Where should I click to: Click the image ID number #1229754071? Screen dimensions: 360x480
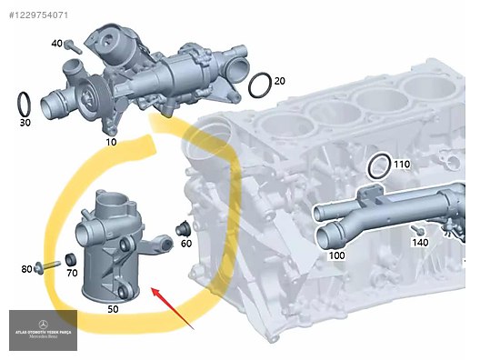click(37, 15)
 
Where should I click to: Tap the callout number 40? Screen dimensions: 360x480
click(56, 44)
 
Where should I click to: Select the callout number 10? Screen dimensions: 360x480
click(111, 142)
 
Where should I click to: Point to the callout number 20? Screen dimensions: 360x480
click(279, 81)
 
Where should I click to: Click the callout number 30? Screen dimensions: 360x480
click(25, 121)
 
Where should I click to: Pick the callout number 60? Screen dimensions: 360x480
click(185, 243)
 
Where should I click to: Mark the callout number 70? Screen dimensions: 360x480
click(72, 272)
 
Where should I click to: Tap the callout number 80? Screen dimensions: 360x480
click(26, 268)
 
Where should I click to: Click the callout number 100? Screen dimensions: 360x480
click(336, 255)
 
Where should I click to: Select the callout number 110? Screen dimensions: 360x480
click(402, 164)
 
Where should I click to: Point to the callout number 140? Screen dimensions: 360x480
click(419, 243)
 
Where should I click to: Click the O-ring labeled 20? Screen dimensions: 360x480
click(258, 85)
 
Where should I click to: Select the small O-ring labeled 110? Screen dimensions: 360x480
click(380, 166)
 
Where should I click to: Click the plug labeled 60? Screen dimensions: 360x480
click(182, 226)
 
